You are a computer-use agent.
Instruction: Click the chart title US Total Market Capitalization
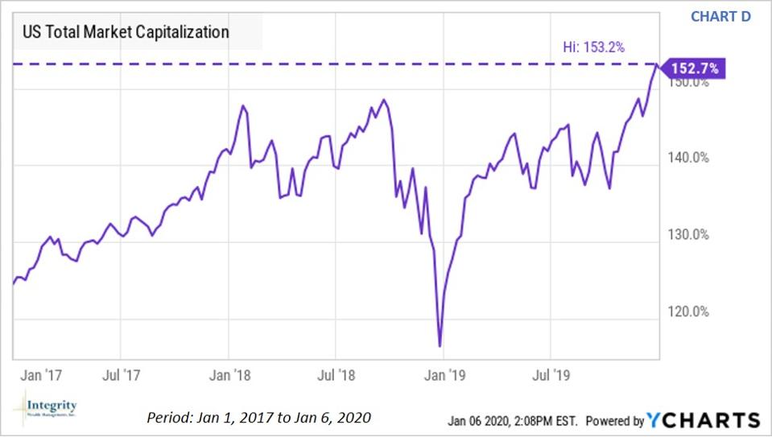click(x=125, y=32)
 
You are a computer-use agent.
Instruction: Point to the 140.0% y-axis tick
click(x=689, y=159)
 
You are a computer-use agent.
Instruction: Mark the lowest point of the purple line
click(x=440, y=346)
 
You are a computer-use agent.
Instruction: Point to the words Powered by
click(x=614, y=421)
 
